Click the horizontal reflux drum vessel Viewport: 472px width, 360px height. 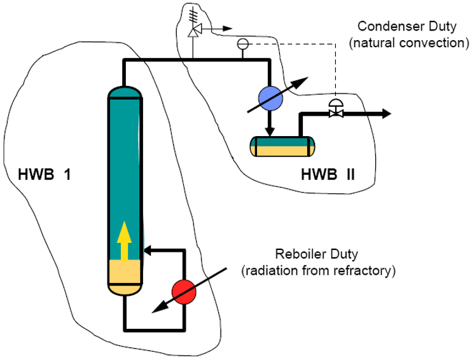[282, 146]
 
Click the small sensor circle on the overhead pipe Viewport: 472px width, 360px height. [242, 44]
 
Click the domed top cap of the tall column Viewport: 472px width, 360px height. [125, 93]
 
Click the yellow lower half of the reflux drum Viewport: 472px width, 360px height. [282, 151]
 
